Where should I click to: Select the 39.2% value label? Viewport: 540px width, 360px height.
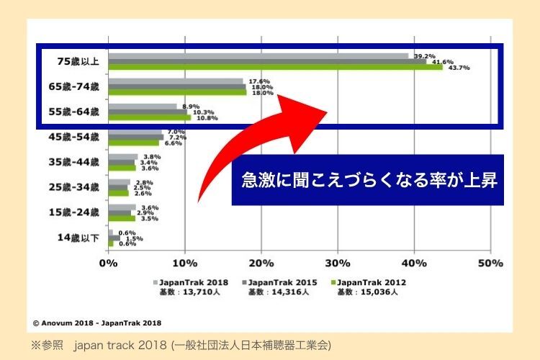point(425,55)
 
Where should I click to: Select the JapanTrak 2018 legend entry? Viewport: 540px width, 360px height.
point(193,283)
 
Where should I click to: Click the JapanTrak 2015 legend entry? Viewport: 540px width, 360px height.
point(281,283)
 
